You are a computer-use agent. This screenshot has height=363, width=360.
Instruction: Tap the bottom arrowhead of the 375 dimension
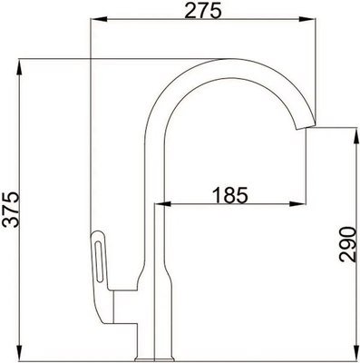20,357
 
